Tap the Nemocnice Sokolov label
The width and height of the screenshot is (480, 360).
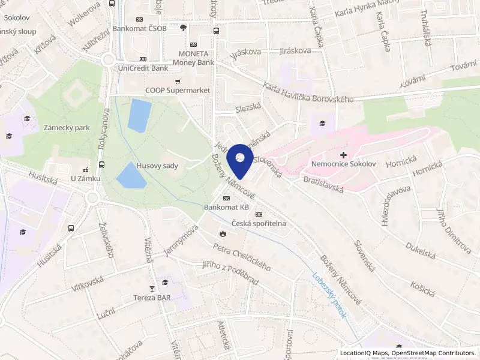[343, 164]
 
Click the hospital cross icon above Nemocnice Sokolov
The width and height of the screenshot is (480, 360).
[343, 155]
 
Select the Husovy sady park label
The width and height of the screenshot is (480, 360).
[157, 166]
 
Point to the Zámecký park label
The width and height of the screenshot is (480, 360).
[67, 128]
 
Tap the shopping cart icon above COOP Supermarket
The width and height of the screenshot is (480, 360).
[178, 82]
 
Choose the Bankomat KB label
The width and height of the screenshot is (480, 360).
[226, 207]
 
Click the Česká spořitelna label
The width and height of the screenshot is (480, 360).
[259, 223]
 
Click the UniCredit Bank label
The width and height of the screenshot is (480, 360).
[143, 68]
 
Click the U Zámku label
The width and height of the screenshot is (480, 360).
[85, 178]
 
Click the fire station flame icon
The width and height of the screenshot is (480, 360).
[223, 233]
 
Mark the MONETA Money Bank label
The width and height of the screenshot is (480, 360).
[193, 58]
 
